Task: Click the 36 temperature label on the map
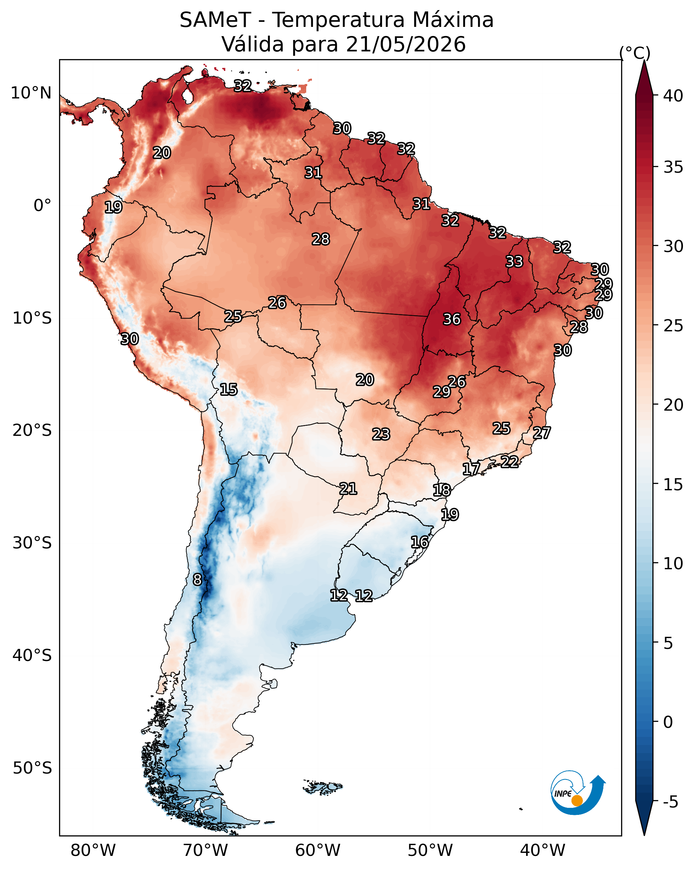pyautogui.click(x=452, y=319)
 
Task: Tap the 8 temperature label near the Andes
pyautogui.click(x=197, y=580)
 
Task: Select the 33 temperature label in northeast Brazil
pyautogui.click(x=514, y=261)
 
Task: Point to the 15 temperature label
pyautogui.click(x=228, y=389)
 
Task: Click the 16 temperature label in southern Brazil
pyautogui.click(x=420, y=542)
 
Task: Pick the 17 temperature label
pyautogui.click(x=471, y=469)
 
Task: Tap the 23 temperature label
pyautogui.click(x=381, y=434)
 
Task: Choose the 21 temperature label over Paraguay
pyautogui.click(x=348, y=489)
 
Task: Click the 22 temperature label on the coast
pyautogui.click(x=510, y=461)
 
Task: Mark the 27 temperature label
pyautogui.click(x=542, y=433)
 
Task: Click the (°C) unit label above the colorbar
pyautogui.click(x=635, y=53)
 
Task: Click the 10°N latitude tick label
pyautogui.click(x=31, y=93)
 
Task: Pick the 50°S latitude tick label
pyautogui.click(x=32, y=768)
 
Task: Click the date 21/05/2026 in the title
pyautogui.click(x=406, y=44)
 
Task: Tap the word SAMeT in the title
pyautogui.click(x=216, y=20)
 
